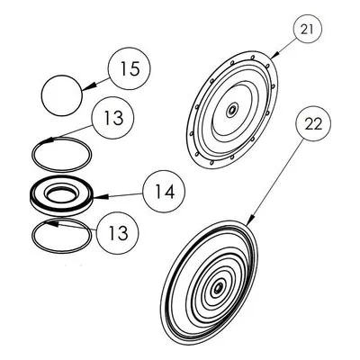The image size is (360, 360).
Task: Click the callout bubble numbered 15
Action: [129, 68]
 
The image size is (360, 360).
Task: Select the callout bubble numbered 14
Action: [164, 192]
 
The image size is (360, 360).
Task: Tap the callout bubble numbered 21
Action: [307, 30]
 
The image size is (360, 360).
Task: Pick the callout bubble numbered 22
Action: [313, 123]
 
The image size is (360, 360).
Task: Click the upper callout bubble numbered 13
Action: [113, 118]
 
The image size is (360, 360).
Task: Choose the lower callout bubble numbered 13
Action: [117, 233]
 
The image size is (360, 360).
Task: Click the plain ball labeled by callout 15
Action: [62, 95]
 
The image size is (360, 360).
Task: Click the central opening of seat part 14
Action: [61, 195]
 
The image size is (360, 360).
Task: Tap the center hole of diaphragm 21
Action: [231, 111]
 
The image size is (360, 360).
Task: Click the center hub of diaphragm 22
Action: [218, 288]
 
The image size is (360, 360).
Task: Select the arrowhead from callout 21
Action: [275, 54]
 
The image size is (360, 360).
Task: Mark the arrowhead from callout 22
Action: [251, 220]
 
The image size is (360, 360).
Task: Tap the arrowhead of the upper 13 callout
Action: [48, 140]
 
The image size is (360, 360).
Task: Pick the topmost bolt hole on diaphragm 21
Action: [253, 57]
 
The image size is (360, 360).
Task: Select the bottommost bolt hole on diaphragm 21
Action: [211, 163]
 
